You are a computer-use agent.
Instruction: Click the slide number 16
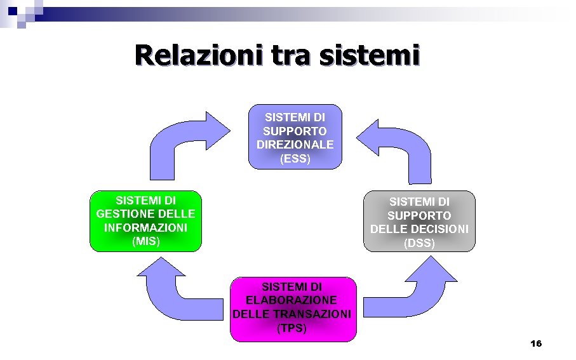535,343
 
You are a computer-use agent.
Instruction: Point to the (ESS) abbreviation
295,159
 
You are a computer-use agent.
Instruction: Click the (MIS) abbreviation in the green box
146,241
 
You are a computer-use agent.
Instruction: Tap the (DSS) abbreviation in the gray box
420,243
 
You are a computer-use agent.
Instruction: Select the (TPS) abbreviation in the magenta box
292,328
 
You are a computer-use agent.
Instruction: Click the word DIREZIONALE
295,145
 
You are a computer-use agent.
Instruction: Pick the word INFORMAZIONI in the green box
146,227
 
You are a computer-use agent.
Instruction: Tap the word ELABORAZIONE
292,300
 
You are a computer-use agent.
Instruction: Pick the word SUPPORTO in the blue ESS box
295,131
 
